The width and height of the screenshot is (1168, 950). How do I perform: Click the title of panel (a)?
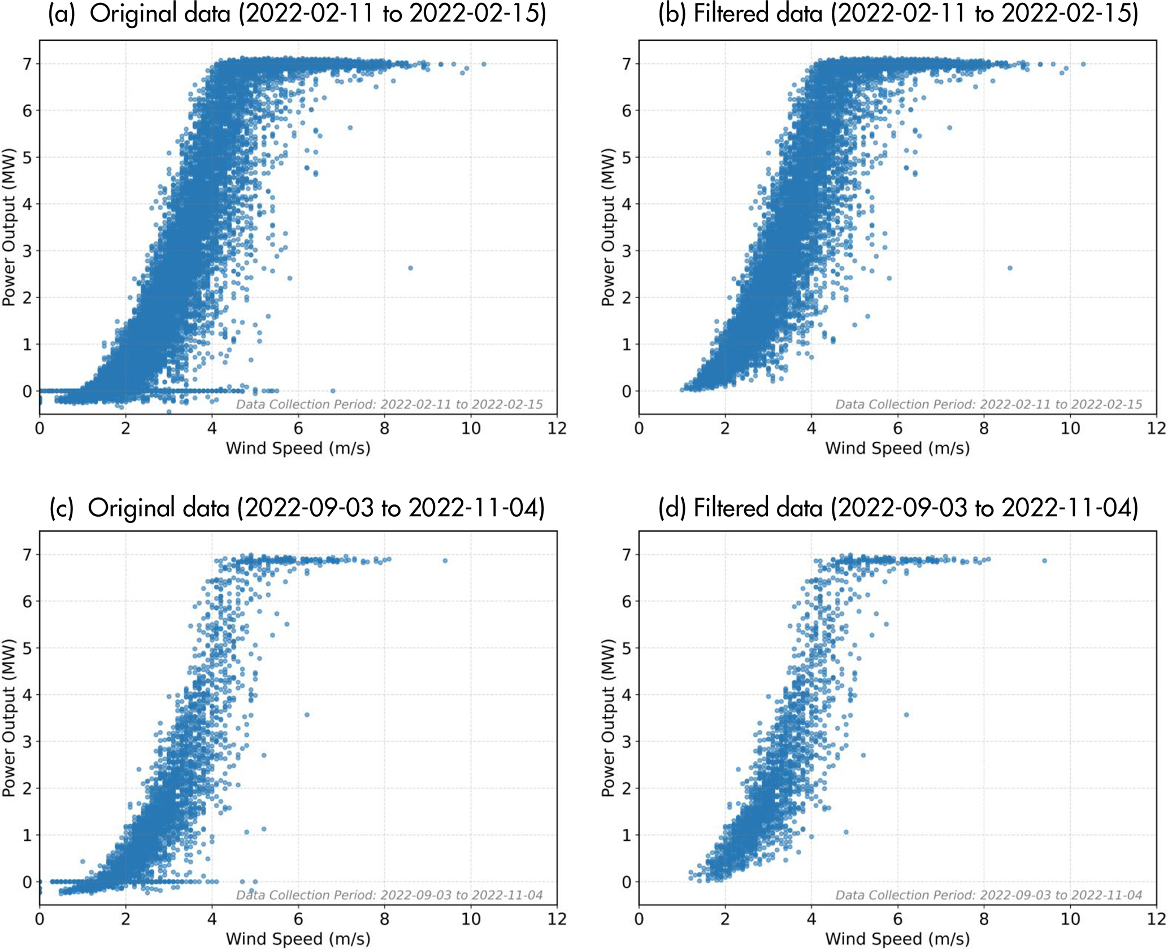tap(297, 14)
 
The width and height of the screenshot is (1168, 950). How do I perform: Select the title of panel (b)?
tap(897, 14)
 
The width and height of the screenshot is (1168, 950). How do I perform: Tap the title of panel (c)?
tap(297, 508)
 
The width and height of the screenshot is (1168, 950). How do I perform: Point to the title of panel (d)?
tap(897, 508)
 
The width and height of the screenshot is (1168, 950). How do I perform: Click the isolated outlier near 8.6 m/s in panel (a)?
tap(410, 268)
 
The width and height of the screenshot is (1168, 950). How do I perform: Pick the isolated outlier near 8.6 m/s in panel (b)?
tap(1010, 268)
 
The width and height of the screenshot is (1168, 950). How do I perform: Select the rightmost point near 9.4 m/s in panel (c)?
tap(445, 561)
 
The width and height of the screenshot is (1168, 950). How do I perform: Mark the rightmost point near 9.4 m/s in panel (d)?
tap(1044, 561)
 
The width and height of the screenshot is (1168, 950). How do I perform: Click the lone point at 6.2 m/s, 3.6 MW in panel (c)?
tap(307, 715)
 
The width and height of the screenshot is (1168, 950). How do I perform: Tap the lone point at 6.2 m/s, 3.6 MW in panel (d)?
tap(906, 715)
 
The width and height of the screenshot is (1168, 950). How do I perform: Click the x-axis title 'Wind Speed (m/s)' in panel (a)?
tap(298, 448)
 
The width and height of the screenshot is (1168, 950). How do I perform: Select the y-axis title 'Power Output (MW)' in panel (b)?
tap(608, 227)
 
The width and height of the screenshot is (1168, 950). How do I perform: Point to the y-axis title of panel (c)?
tap(8, 718)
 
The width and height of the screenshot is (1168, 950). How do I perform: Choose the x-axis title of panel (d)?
tap(897, 939)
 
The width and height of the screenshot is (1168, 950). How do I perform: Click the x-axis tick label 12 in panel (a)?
tap(557, 429)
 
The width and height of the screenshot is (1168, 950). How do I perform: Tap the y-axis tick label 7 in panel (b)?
tap(626, 64)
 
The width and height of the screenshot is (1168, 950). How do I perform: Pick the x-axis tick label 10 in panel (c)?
tap(471, 920)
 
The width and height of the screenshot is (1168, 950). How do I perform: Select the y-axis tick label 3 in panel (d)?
tap(626, 742)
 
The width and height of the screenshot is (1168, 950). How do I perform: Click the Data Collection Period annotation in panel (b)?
tap(988, 404)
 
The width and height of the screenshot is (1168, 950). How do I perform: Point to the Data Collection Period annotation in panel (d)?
tap(988, 895)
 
